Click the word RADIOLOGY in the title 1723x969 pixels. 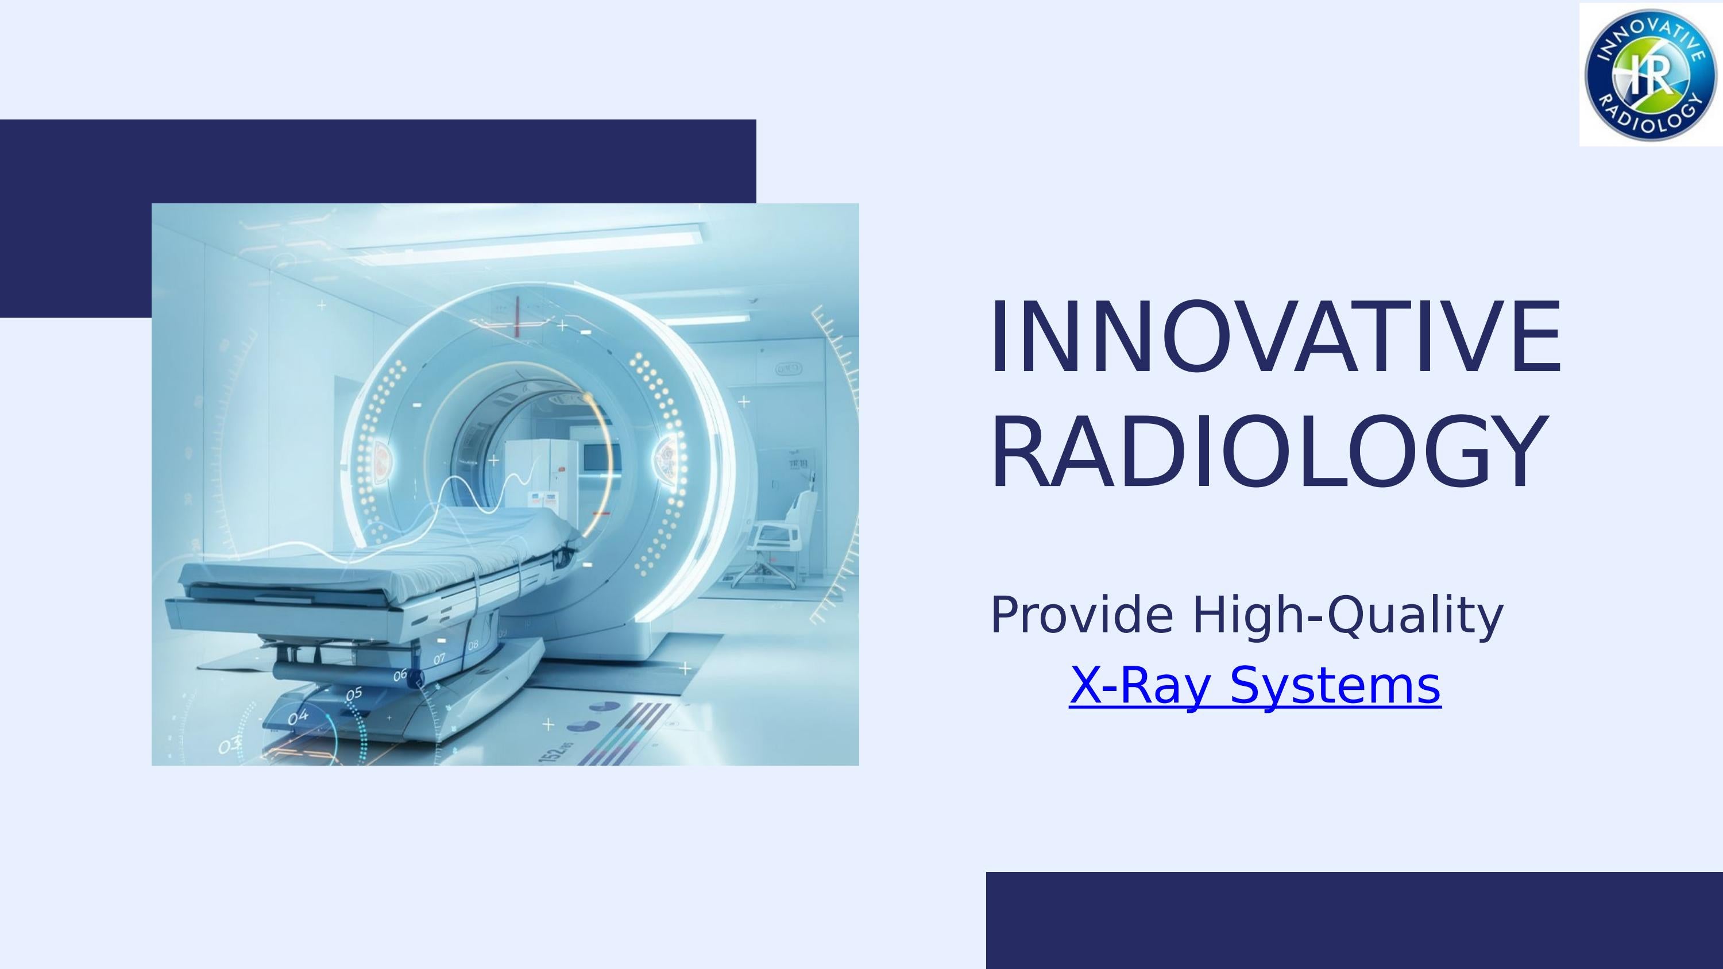[1268, 453]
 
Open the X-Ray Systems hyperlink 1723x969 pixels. [1255, 685]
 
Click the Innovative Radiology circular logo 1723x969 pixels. [1651, 74]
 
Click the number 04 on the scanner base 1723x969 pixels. [298, 717]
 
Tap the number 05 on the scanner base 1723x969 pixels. [354, 694]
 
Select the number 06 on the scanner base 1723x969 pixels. [400, 675]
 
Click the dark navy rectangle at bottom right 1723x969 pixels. [1354, 920]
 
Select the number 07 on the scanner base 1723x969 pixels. [439, 659]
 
